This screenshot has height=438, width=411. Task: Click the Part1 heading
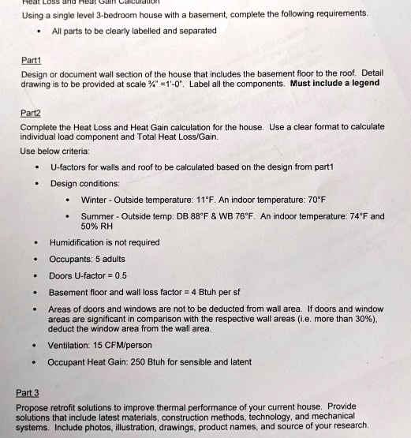click(31, 58)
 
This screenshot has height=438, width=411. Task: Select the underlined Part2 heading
click(32, 113)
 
